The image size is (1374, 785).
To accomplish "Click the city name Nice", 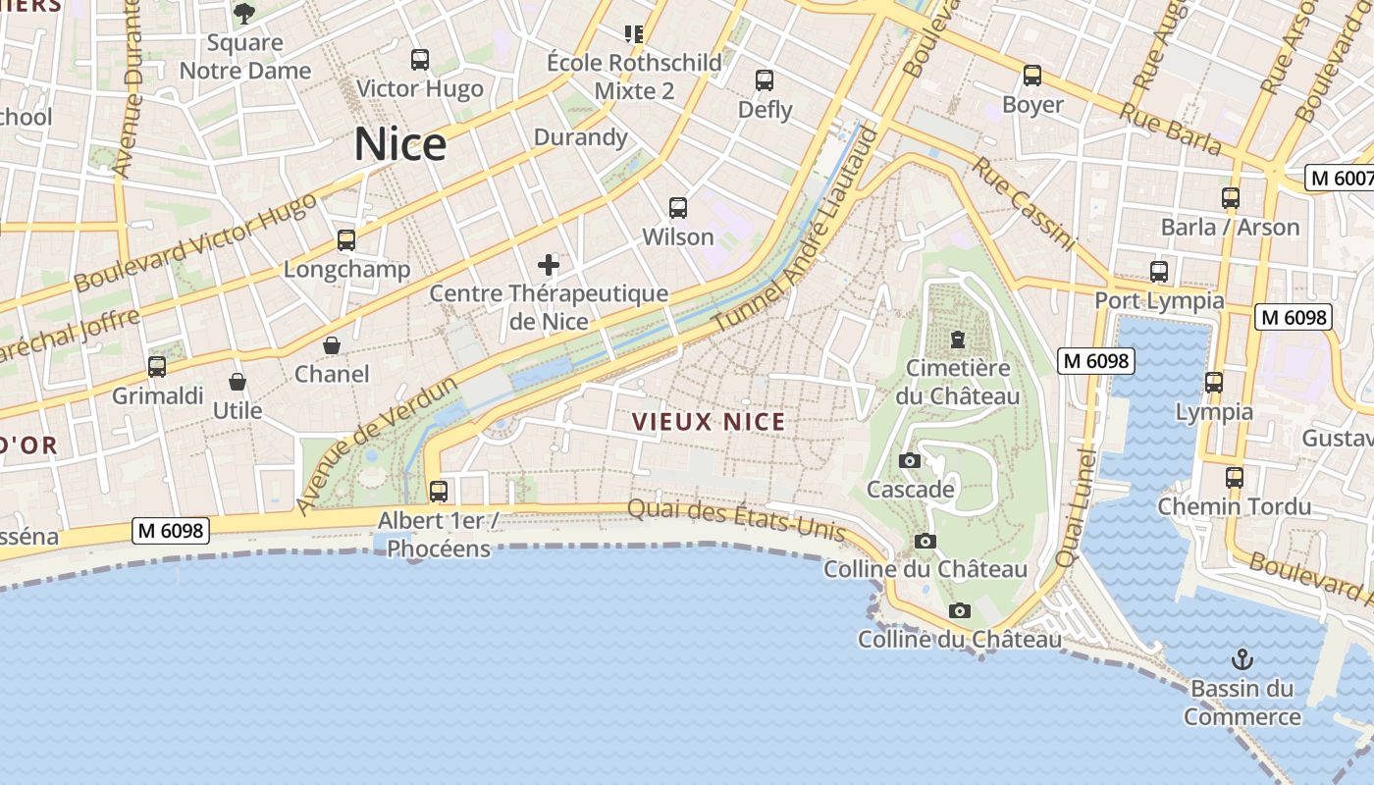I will tap(400, 144).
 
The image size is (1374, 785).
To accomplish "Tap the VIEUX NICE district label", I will tap(708, 422).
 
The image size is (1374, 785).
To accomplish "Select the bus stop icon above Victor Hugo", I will tap(420, 60).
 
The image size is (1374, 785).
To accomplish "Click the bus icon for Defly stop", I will tap(765, 80).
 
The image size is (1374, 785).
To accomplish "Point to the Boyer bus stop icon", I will tap(1032, 76).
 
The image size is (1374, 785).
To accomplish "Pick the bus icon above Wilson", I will tap(678, 208).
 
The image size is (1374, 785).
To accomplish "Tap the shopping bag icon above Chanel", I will tap(332, 345).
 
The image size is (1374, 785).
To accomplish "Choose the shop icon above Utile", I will tap(237, 381).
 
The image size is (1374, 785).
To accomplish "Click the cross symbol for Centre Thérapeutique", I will tap(549, 264).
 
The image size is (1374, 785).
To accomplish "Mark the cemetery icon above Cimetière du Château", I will tap(957, 340).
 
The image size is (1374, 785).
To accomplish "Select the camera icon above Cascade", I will tap(910, 460).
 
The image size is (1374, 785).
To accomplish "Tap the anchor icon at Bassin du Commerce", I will tap(1242, 658).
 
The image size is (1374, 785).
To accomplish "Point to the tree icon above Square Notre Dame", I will tap(244, 13).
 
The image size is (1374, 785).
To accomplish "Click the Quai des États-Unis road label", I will tap(736, 520).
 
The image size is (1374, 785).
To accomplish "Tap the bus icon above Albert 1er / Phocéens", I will tap(439, 491).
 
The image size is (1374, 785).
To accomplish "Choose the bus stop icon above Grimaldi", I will tap(157, 367).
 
